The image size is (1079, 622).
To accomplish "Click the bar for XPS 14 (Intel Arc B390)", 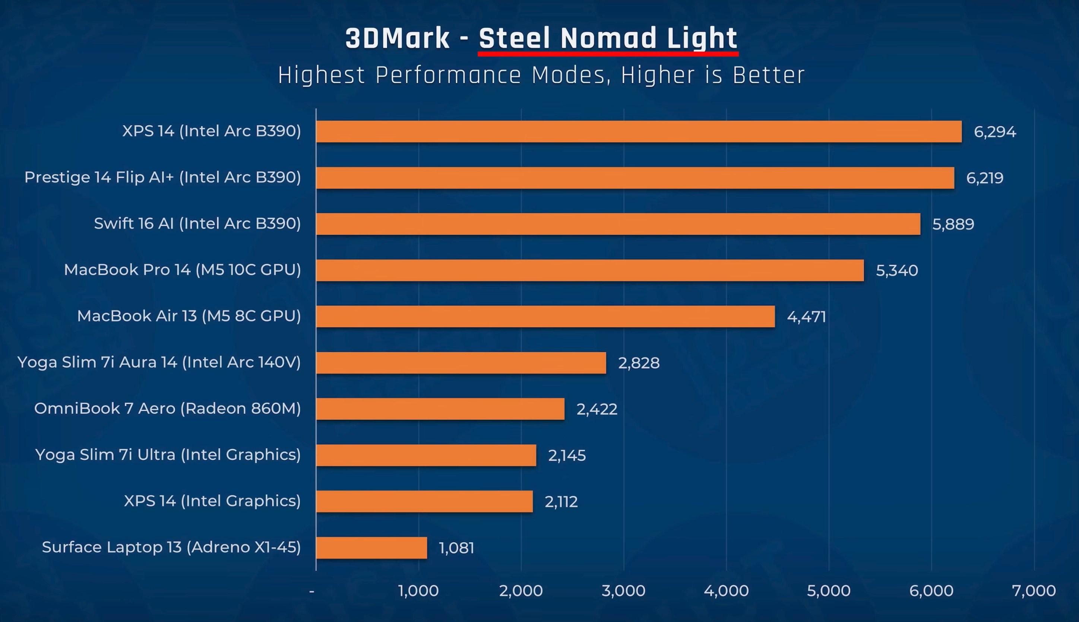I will point(639,131).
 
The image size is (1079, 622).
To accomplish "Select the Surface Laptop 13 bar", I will point(371,548).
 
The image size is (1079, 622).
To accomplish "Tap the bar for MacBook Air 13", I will point(545,317).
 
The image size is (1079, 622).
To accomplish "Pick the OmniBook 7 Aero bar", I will point(440,409).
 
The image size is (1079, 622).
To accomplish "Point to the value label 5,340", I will point(896,270).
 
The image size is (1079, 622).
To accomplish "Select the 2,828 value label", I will point(639,363).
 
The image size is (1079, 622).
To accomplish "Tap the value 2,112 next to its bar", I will point(561,502).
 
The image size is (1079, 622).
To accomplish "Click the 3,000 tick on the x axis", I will point(623,591).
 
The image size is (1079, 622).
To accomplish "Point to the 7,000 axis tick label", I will point(1034,591).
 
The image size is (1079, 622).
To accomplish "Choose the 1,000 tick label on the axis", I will point(418,591).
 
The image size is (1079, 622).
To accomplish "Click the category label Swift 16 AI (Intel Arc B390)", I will point(197,223).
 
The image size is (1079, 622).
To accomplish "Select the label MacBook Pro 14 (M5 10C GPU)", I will point(183,270).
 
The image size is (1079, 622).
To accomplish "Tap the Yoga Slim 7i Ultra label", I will point(168,454).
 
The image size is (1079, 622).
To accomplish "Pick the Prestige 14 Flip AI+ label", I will point(163,177).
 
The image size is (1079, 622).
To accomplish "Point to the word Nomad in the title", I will point(608,38).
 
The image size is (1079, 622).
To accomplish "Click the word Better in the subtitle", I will point(768,76).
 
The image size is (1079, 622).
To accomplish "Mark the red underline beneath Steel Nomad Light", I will point(608,54).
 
